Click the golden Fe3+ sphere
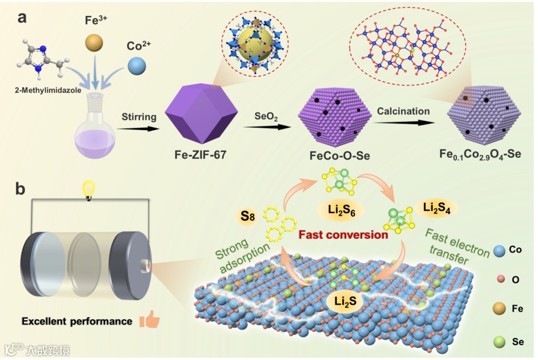pos(93,42)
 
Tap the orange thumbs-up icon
pos(149,320)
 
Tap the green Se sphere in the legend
pos(500,342)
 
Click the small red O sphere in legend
pos(500,279)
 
